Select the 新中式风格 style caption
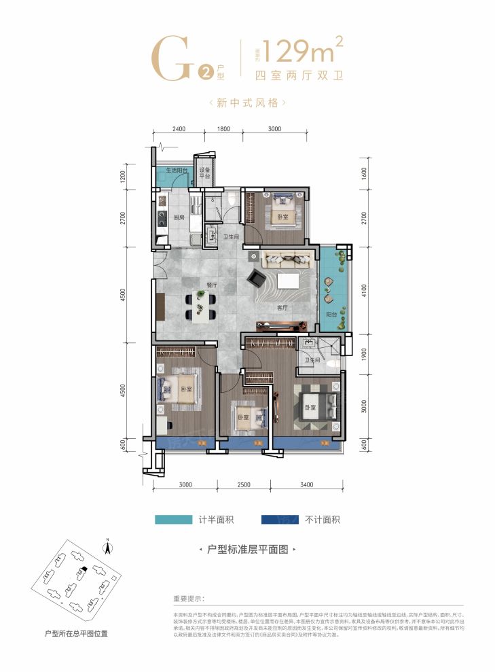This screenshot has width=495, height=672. (x=246, y=103)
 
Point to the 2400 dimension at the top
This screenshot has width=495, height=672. (x=179, y=130)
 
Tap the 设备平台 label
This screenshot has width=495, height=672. (x=204, y=174)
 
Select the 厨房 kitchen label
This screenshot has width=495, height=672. (x=179, y=218)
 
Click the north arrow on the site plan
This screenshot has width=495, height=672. (x=106, y=544)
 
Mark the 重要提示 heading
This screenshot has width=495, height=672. (x=189, y=599)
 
